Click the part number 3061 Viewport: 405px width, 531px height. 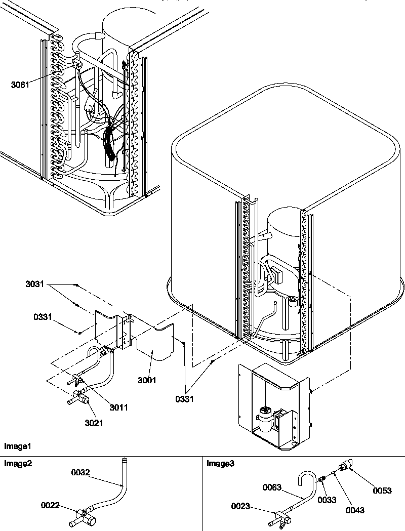pos(20,85)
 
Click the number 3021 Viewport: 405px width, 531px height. pos(94,423)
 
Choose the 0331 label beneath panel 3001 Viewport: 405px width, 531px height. pos(185,399)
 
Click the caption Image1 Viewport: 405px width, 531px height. pos(18,446)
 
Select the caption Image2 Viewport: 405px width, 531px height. pos(18,463)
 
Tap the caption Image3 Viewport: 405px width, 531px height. pos(220,463)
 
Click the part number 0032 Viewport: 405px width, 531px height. pos(80,472)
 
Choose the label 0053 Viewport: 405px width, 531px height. pos(382,491)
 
